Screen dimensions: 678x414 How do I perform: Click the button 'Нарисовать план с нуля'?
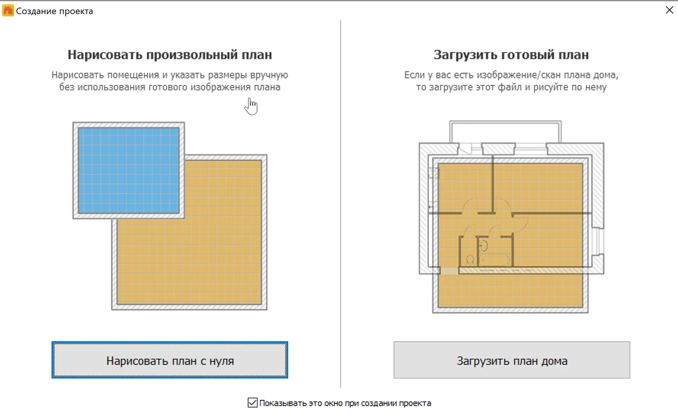[169, 360]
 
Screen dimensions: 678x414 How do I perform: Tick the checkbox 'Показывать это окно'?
[253, 403]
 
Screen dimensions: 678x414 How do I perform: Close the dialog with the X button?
[669, 10]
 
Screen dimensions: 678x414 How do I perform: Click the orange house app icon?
[8, 11]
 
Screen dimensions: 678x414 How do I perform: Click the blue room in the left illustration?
[129, 170]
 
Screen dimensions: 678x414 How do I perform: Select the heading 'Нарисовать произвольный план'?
[170, 55]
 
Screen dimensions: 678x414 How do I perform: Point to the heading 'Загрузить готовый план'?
[511, 55]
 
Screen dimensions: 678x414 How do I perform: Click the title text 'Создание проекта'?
[54, 11]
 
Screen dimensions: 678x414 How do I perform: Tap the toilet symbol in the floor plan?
[470, 260]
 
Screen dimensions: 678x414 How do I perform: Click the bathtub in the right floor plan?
[495, 260]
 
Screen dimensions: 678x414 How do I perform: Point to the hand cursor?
[251, 107]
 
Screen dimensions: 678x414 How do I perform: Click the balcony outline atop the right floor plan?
[505, 122]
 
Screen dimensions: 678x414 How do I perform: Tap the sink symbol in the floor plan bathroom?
[484, 245]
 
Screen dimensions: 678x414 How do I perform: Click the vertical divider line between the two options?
[341, 204]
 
